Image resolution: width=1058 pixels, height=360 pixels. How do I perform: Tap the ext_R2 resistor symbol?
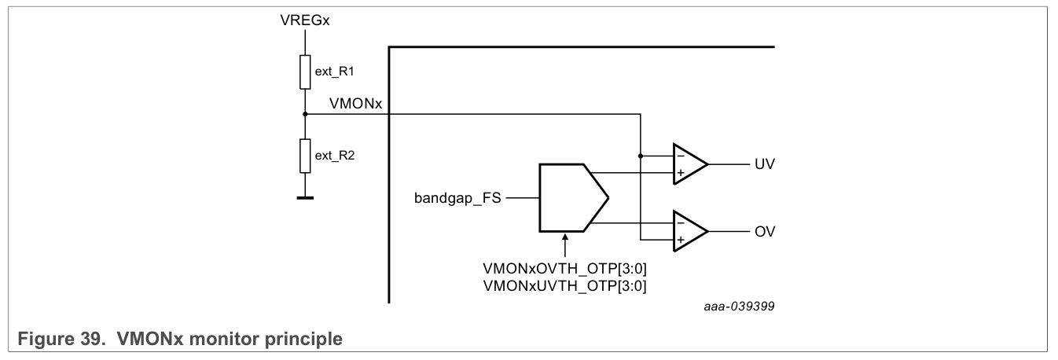(306, 155)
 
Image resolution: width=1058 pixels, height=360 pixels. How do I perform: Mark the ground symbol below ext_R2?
(306, 198)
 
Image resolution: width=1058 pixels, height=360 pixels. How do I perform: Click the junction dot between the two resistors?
(306, 114)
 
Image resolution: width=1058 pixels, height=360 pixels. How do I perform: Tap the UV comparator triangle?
(689, 164)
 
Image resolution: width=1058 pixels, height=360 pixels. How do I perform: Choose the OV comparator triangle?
(689, 232)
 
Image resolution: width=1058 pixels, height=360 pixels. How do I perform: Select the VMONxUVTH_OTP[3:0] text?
(564, 287)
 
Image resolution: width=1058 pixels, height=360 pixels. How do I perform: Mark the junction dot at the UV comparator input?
(641, 156)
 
